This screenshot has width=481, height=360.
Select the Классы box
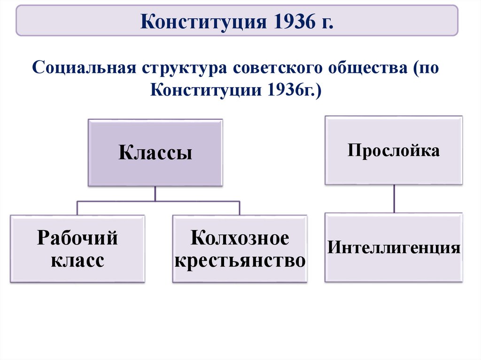(155, 153)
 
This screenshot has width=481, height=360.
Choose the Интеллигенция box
(394, 247)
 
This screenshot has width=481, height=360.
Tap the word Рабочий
(78, 238)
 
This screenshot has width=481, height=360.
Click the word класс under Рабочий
(78, 261)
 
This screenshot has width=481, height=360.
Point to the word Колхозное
(240, 238)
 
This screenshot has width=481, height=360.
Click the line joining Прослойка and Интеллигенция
(394, 199)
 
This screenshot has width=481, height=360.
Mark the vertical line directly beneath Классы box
(155, 193)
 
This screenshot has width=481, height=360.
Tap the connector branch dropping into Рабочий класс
(78, 208)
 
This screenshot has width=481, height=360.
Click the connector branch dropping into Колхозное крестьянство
(240, 208)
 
